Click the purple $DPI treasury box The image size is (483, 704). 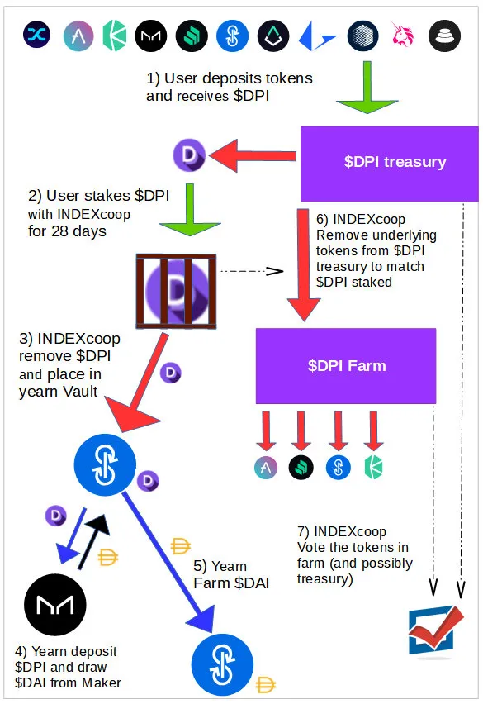389,164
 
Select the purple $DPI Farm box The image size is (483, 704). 346,366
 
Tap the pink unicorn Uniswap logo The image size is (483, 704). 402,35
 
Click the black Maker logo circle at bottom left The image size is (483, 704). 55,605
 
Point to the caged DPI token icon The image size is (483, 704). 176,292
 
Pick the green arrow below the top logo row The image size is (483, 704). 367,87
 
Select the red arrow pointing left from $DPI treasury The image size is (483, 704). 253,155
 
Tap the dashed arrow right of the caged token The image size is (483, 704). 252,271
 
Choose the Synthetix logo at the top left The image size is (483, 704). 37,35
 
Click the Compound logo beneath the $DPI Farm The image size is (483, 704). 301,468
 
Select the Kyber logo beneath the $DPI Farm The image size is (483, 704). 373,468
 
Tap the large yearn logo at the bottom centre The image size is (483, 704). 222,664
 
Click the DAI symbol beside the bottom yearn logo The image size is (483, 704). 266,685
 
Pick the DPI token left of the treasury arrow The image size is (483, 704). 189,155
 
